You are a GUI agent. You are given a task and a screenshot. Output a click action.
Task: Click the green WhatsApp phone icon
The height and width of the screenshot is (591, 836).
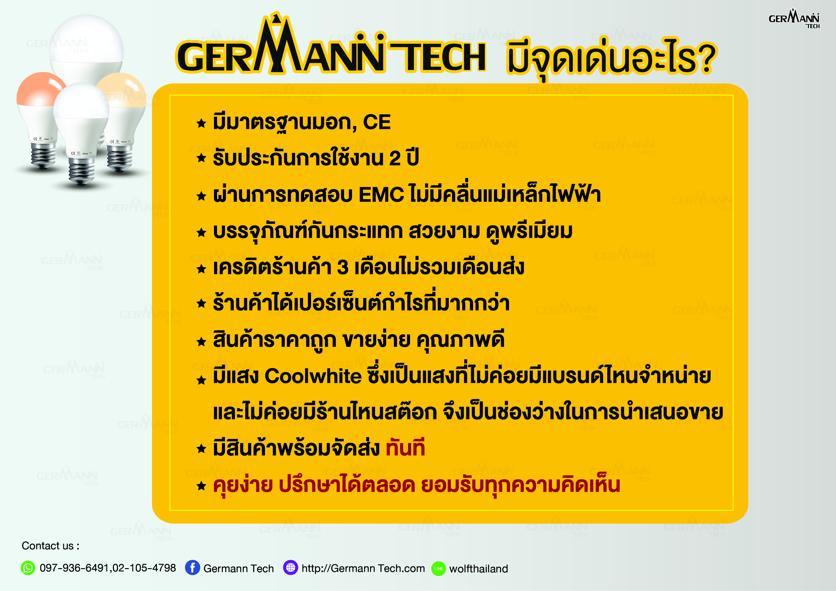28,568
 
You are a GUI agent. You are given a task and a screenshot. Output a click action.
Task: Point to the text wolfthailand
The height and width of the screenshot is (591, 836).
479,569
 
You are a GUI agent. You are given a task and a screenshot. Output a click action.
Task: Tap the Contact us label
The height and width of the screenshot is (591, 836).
50,546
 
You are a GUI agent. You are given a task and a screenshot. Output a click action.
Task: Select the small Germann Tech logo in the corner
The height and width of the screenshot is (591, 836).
794,19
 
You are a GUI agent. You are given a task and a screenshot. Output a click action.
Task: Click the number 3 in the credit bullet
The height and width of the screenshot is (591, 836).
343,268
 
